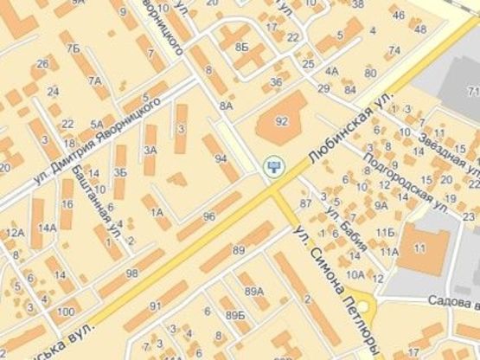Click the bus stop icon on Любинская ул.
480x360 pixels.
tap(274, 164)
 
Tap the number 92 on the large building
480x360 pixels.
tap(281, 122)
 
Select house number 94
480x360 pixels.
tap(221, 159)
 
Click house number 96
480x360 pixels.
tap(208, 216)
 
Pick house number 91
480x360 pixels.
tap(156, 306)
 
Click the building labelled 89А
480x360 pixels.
tap(253, 291)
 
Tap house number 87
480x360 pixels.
tap(304, 202)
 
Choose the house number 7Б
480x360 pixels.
tap(74, 48)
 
